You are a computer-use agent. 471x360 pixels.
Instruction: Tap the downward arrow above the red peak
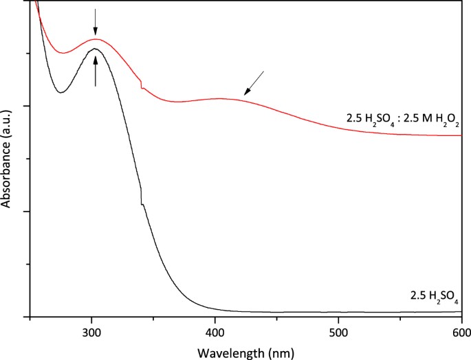[96, 22]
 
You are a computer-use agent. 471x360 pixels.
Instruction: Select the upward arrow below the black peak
[96, 71]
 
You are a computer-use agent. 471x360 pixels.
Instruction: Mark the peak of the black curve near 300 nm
[94, 49]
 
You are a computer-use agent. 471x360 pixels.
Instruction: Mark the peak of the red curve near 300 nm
[96, 39]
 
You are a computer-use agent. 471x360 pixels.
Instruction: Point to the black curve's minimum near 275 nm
[61, 92]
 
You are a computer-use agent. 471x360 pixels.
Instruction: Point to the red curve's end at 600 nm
[460, 135]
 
